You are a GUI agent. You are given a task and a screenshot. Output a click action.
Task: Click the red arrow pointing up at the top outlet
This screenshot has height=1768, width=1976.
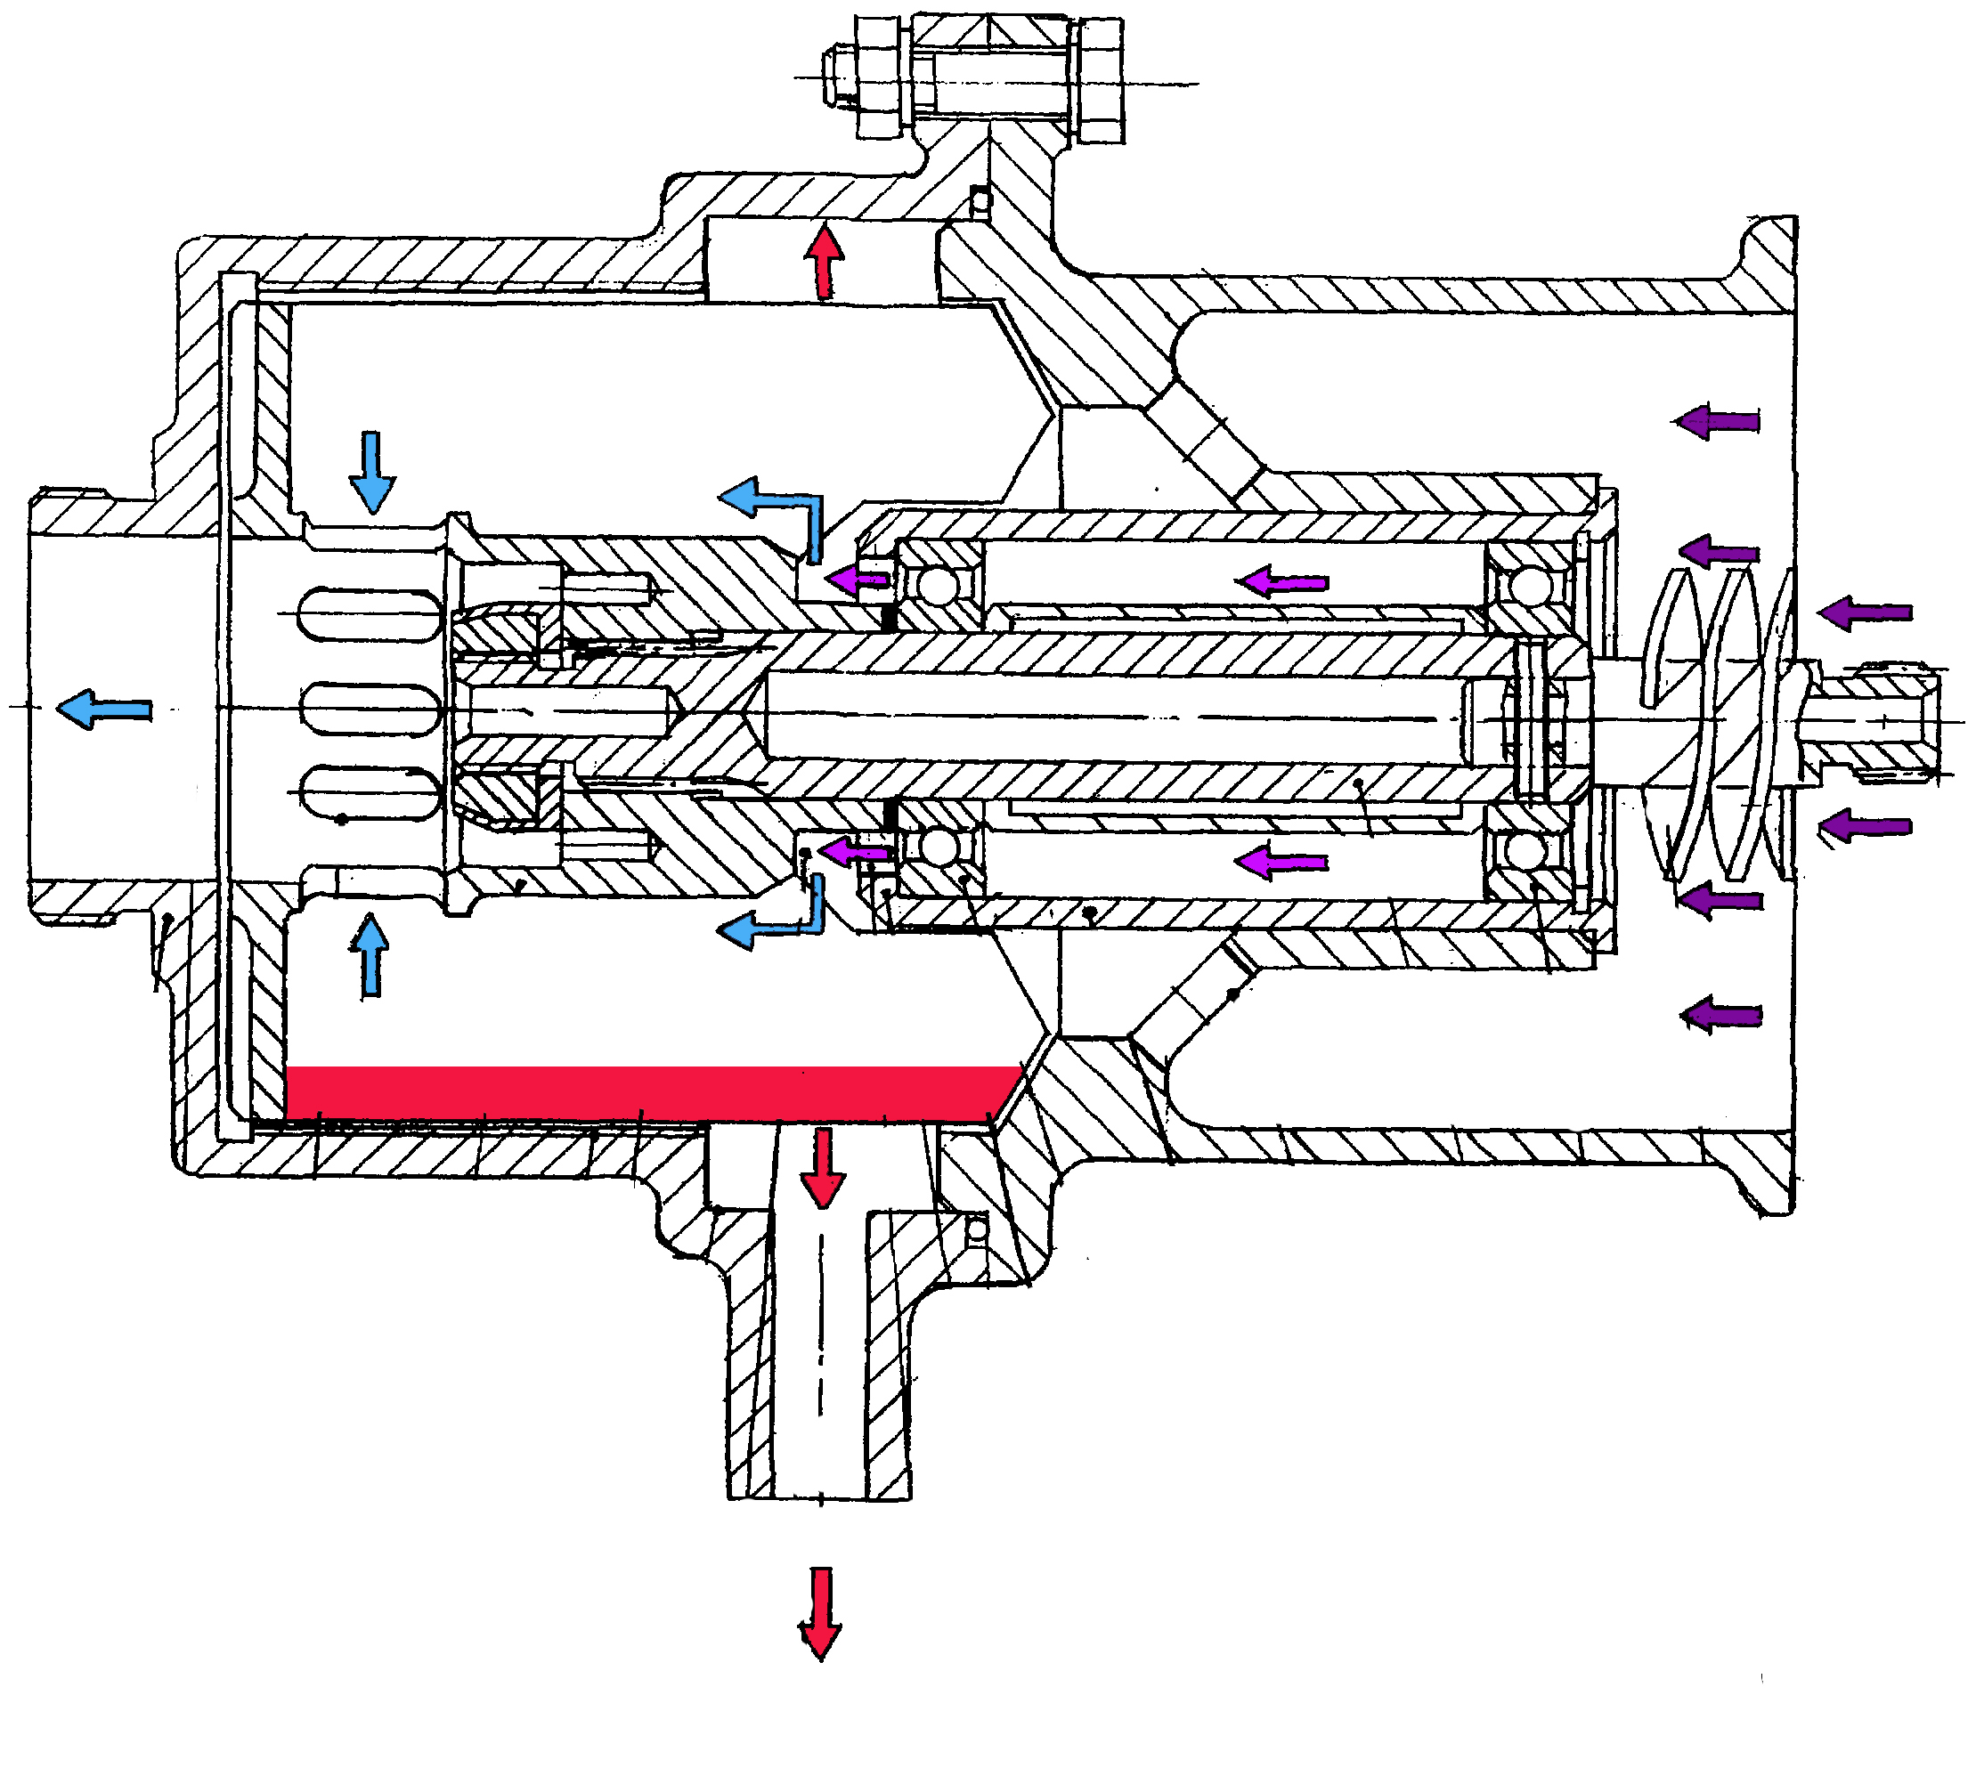click(824, 260)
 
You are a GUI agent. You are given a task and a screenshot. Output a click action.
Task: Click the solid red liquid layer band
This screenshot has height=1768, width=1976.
click(651, 1094)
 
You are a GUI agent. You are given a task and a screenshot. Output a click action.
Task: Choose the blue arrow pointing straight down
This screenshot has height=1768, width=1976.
click(372, 472)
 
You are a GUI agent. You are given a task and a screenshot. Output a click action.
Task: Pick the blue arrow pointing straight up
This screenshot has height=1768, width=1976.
click(370, 956)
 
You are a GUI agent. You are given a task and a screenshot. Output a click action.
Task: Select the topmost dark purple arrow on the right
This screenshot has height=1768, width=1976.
click(1717, 420)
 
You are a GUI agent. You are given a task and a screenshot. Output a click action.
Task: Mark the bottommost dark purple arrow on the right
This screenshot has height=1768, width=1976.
click(1720, 1016)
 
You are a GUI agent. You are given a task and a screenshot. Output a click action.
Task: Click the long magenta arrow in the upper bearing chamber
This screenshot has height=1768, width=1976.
click(1281, 582)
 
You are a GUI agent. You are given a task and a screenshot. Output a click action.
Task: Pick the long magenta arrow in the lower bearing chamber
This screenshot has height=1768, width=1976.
click(1281, 861)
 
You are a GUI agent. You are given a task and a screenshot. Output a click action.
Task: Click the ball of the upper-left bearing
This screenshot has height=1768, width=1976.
click(940, 587)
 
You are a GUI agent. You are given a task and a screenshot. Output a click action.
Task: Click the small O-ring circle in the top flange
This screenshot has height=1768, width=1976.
click(981, 201)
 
